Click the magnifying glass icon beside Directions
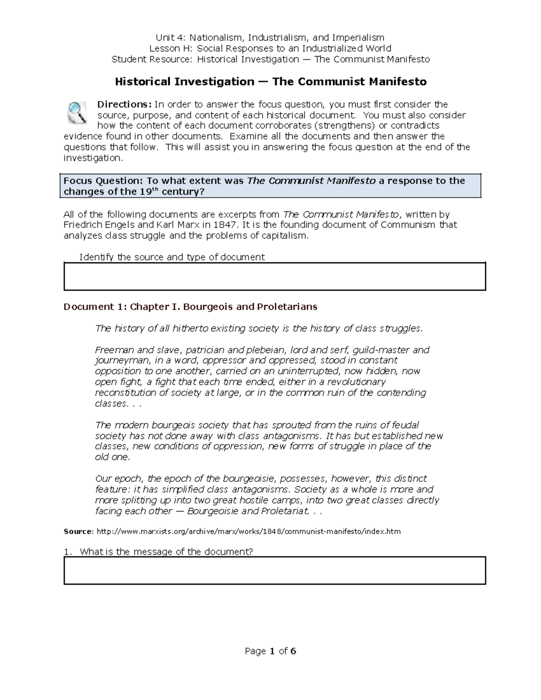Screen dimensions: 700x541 click(77, 113)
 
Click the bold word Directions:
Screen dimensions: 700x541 click(125, 105)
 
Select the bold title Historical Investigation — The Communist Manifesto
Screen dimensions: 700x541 click(270, 82)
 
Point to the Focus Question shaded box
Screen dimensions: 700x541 click(270, 186)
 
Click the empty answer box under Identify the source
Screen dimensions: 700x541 click(275, 276)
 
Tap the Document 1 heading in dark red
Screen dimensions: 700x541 click(190, 307)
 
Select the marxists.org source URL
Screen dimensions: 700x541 click(248, 531)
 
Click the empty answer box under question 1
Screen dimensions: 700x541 click(275, 571)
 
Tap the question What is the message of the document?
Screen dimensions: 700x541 click(166, 552)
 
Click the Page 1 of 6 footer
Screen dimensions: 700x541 click(270, 651)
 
